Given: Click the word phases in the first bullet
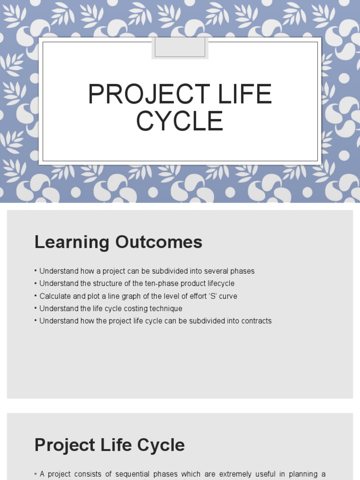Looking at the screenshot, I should [x=243, y=271].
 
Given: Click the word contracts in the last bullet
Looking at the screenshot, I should [x=256, y=321].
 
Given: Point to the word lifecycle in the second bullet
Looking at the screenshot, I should [x=219, y=284].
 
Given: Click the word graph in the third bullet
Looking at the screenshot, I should [x=127, y=296].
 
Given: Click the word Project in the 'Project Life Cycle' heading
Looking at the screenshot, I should [x=60, y=445].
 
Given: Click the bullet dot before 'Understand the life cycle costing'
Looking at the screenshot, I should [x=36, y=308].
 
